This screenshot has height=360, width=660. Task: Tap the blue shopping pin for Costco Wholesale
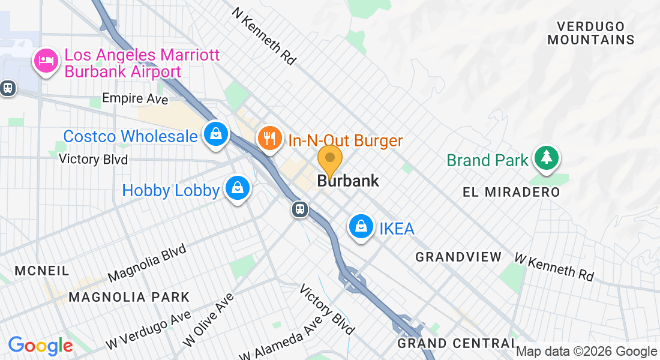point(214,134)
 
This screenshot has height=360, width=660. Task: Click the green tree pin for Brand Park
point(545,157)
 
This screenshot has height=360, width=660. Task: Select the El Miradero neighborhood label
point(512,192)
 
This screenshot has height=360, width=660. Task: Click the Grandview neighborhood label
point(458,257)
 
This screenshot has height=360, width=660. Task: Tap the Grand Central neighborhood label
point(456,343)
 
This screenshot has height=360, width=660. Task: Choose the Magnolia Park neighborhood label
point(129,297)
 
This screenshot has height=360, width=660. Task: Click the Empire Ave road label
point(135,98)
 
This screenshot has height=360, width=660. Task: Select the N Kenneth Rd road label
point(265,37)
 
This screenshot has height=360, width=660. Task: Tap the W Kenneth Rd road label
point(554,266)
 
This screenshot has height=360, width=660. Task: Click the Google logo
point(40,346)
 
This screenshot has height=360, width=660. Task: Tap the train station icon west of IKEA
point(300,209)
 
